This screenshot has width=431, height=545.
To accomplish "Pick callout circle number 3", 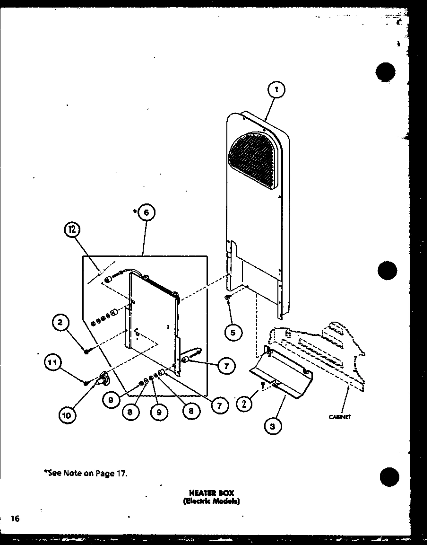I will pos(273,426).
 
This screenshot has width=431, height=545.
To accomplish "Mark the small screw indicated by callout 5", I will pos(228,298).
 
